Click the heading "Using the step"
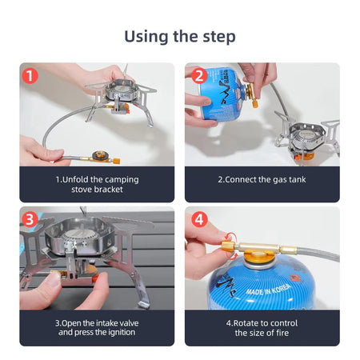click(179, 36)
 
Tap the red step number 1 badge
click(30, 77)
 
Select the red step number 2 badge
click(199, 77)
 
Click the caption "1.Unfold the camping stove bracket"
click(97, 184)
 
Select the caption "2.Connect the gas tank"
click(262, 179)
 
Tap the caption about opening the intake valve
click(97, 327)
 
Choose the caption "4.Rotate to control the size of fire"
click(262, 327)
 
